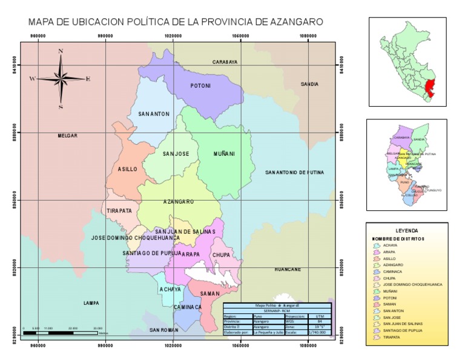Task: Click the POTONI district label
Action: tap(200, 86)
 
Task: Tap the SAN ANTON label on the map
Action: tap(154, 114)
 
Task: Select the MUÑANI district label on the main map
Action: tap(224, 154)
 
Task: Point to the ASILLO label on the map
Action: tap(127, 170)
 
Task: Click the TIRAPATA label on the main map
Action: tap(119, 211)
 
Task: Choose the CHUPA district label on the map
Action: tap(220, 255)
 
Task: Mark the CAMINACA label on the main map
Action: tap(187, 307)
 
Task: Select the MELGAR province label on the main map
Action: tap(67, 136)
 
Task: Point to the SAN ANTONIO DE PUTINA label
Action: tap(294, 173)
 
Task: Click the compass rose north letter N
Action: tap(61, 52)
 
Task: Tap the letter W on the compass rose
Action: tap(33, 78)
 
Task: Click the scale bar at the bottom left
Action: tap(61, 333)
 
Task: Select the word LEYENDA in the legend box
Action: tap(406, 231)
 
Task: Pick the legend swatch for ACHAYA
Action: tap(377, 245)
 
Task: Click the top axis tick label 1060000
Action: tap(240, 36)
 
